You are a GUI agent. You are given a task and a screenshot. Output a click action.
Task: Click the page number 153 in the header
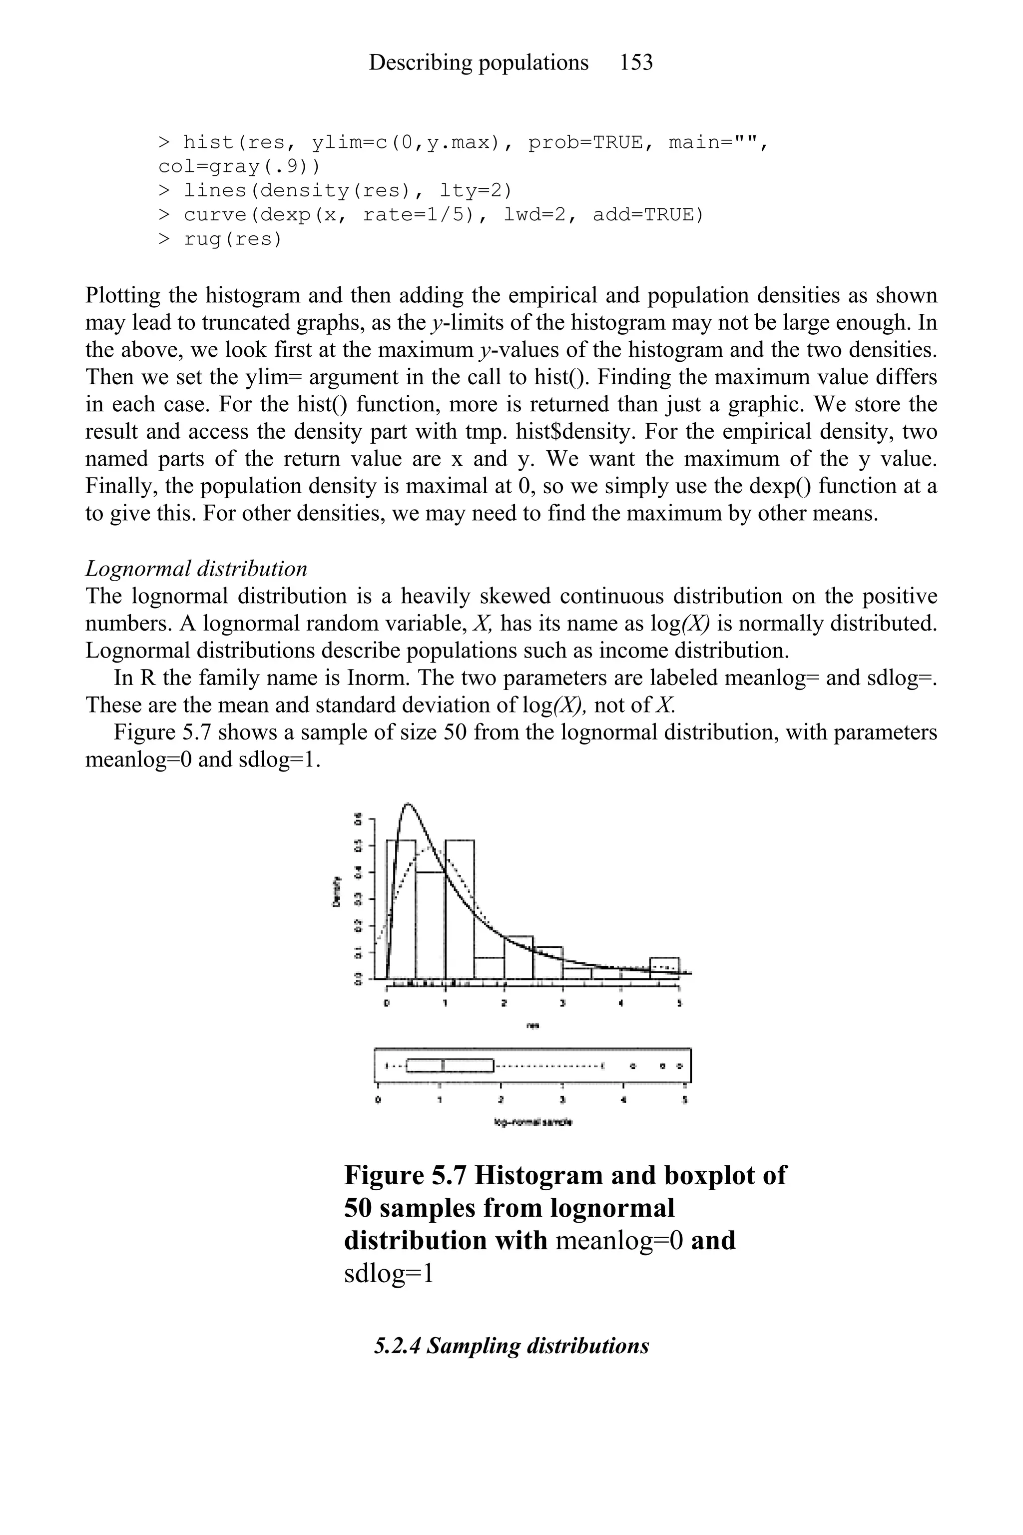pos(636,62)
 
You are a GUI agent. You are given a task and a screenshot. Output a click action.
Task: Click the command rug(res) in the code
pos(232,239)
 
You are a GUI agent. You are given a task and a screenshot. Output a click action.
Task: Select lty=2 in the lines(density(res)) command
pos(476,190)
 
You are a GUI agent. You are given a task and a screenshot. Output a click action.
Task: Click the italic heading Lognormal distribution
pos(196,569)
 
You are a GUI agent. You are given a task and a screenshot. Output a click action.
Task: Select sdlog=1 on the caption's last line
pos(388,1273)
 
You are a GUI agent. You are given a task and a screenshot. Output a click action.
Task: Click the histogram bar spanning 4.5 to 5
pos(664,968)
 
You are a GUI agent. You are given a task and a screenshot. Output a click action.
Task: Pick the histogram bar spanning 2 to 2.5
pos(518,958)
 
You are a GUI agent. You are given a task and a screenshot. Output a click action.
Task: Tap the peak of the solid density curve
pos(409,804)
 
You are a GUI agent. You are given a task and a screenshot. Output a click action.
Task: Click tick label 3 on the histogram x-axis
pos(562,1004)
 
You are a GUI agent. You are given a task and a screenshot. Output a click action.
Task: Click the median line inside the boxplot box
pos(443,1066)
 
